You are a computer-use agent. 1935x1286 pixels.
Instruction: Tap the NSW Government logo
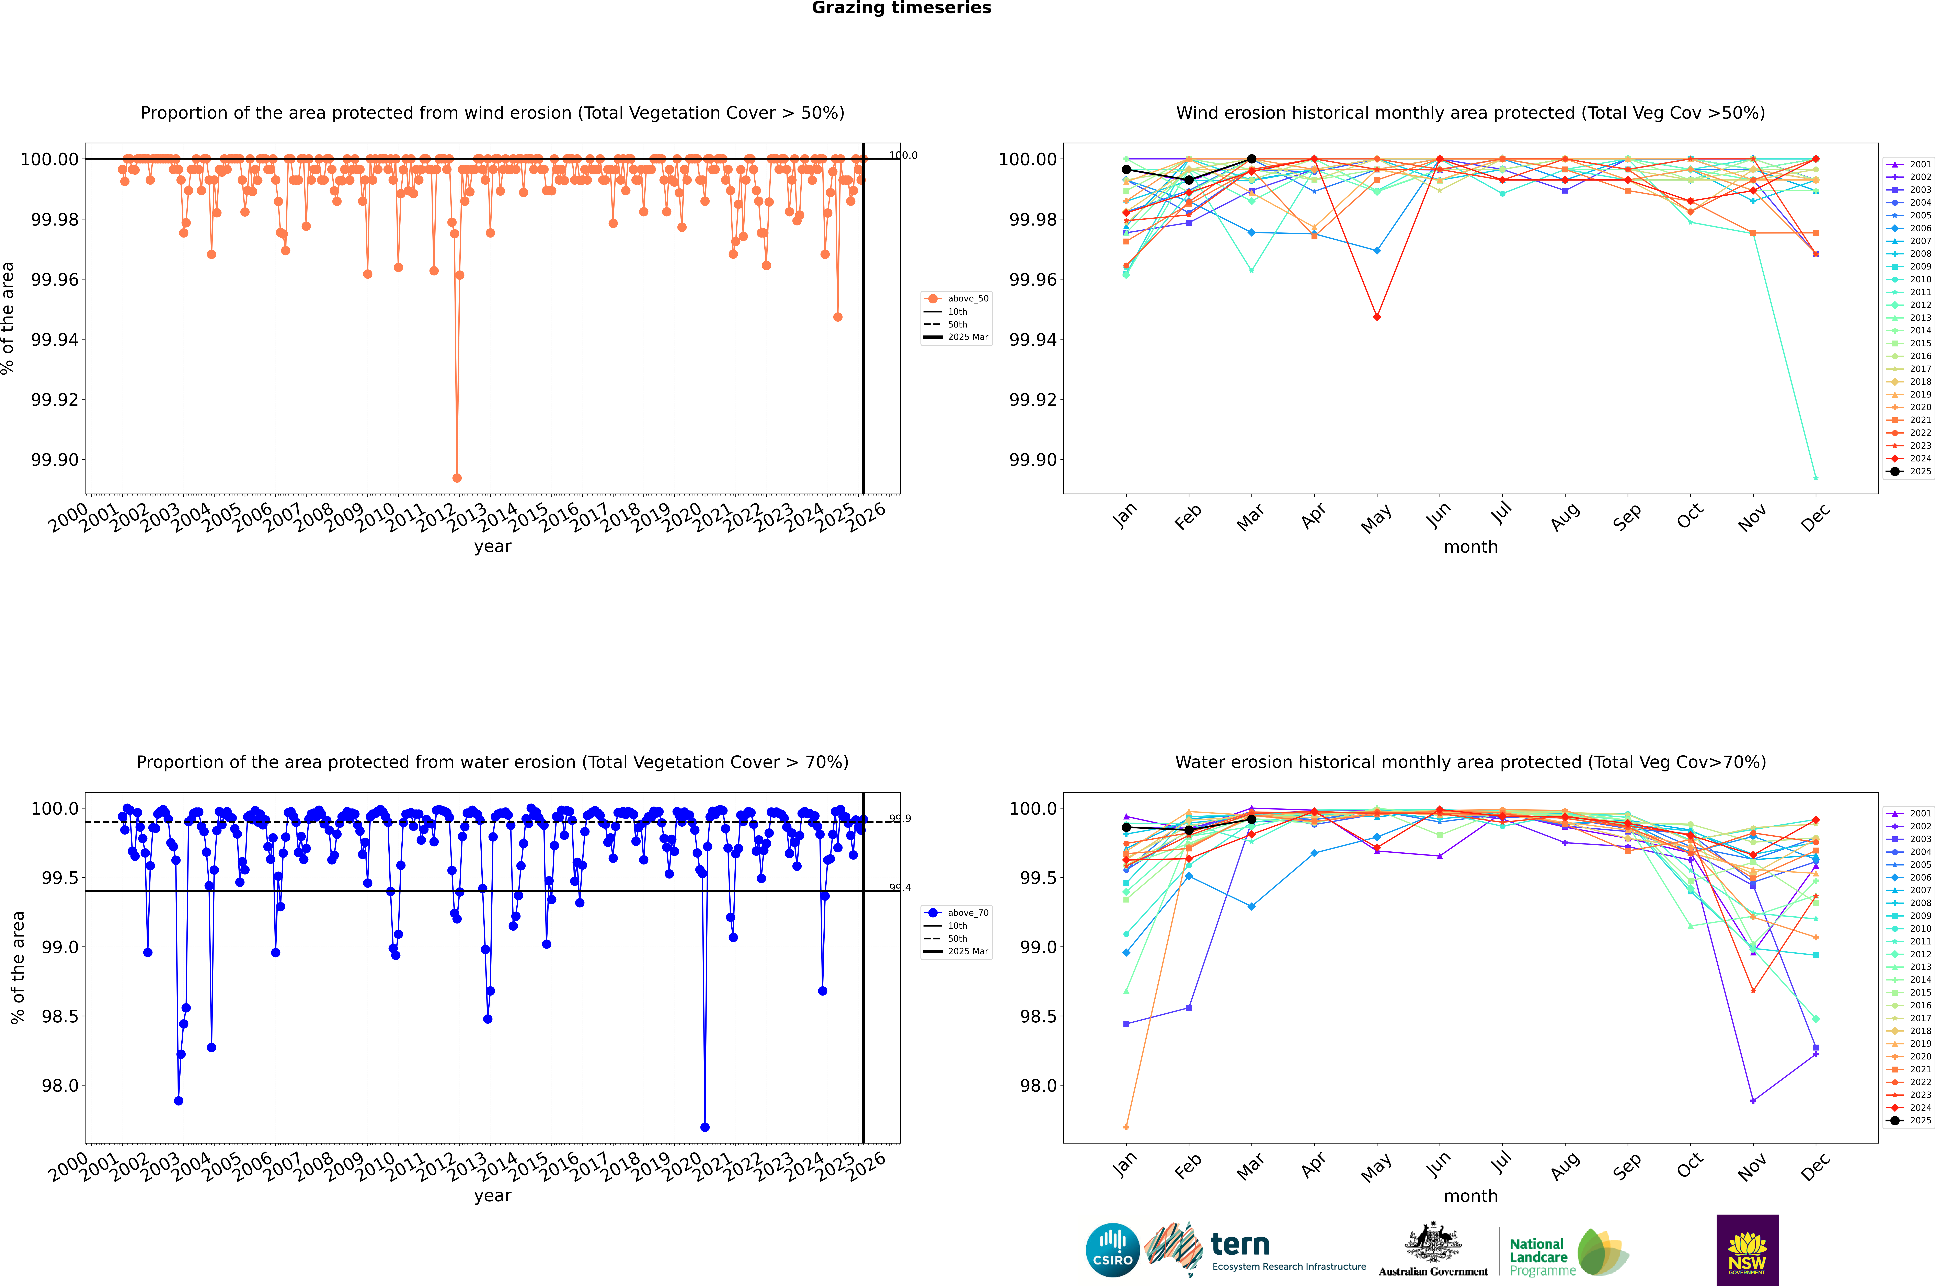1747,1250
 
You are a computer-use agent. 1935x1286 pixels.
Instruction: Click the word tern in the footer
1240,1245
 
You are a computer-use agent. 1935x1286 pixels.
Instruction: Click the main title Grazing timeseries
902,8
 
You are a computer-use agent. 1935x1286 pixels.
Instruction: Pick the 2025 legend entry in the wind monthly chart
1911,472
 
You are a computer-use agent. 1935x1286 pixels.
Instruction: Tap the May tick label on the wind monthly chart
1376,518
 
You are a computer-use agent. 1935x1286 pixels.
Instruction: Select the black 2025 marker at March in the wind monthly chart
1252,159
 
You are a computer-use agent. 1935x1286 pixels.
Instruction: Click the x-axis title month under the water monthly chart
1471,1196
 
